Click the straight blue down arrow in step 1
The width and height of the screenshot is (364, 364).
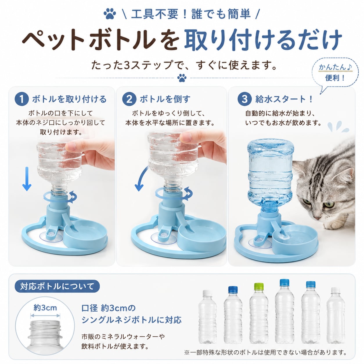pos(27,179)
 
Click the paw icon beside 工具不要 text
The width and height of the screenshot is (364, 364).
pos(110,14)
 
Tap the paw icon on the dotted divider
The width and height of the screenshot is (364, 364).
pos(182,78)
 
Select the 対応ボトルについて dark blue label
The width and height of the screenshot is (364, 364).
pos(57,286)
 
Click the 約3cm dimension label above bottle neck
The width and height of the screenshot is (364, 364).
pos(45,308)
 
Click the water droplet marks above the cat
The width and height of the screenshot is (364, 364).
pos(338,126)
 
